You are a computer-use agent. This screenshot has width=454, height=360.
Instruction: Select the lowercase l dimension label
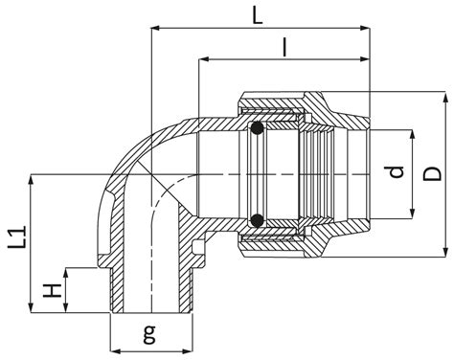[x=284, y=47]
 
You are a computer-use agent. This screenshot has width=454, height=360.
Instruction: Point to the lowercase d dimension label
[x=397, y=172]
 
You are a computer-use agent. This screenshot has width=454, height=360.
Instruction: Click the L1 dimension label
[x=16, y=237]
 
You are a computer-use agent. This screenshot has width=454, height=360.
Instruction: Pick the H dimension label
[x=52, y=290]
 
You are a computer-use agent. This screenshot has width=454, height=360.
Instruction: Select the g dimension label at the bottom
[x=149, y=334]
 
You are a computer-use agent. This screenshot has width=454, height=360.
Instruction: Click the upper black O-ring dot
[x=257, y=128]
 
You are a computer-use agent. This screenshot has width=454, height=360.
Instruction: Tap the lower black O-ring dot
[x=257, y=220]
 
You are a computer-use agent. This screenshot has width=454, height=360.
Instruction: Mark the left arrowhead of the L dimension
[x=155, y=28]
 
